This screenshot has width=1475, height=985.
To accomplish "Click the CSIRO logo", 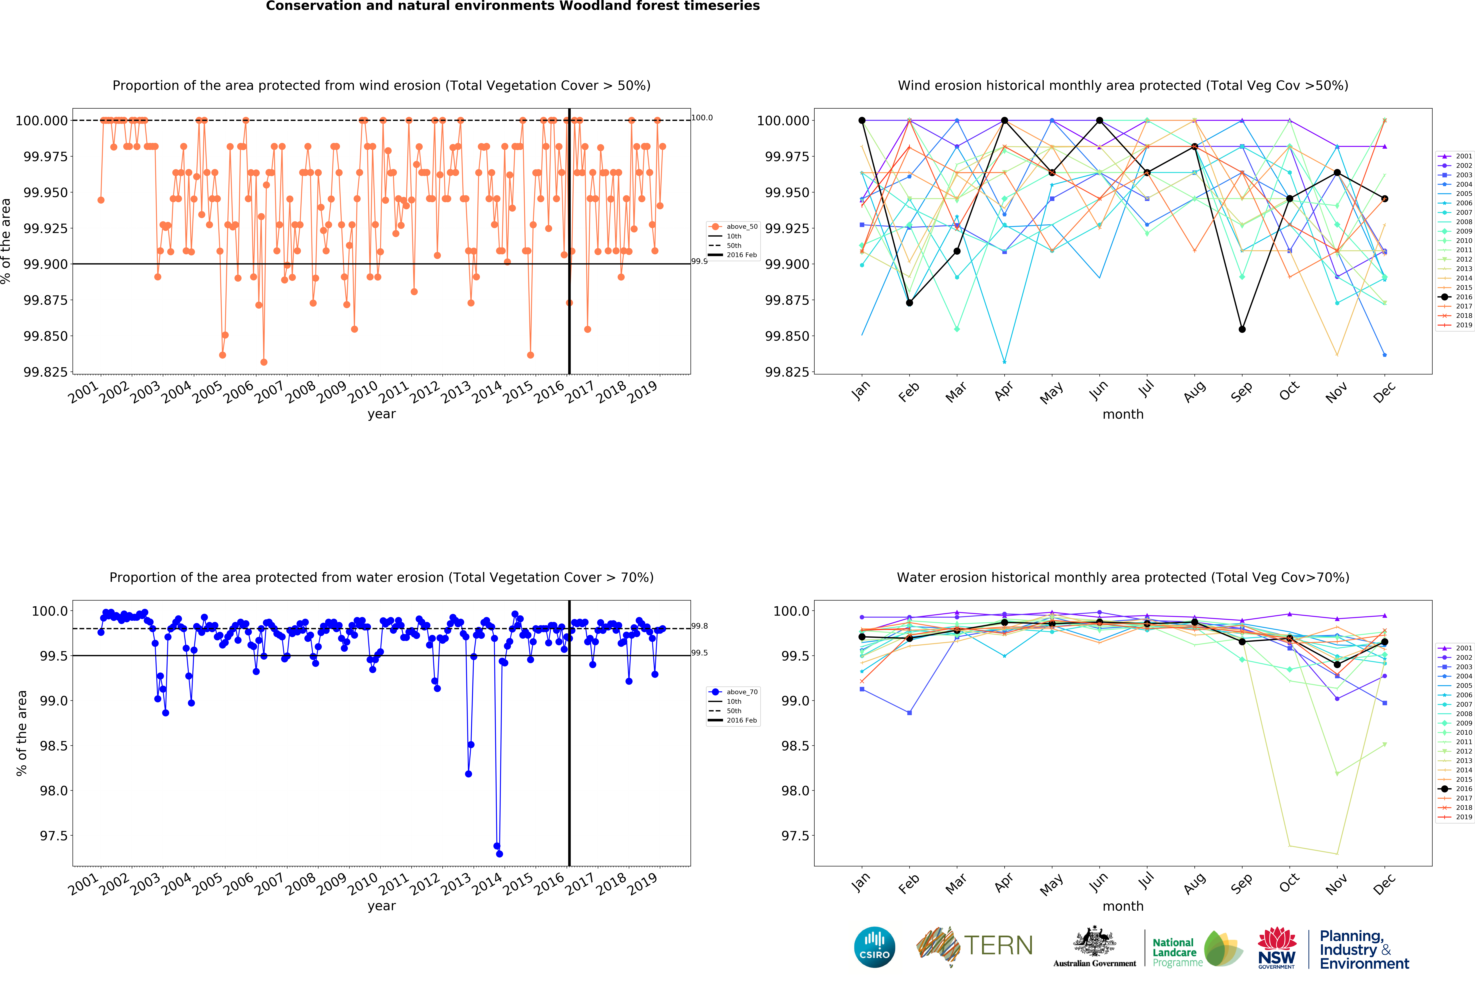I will point(874,947).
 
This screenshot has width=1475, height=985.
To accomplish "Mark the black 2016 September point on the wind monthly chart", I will point(1242,329).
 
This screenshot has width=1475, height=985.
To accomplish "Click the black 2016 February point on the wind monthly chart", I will point(909,303).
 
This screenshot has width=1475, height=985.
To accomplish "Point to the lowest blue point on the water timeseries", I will point(500,854).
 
